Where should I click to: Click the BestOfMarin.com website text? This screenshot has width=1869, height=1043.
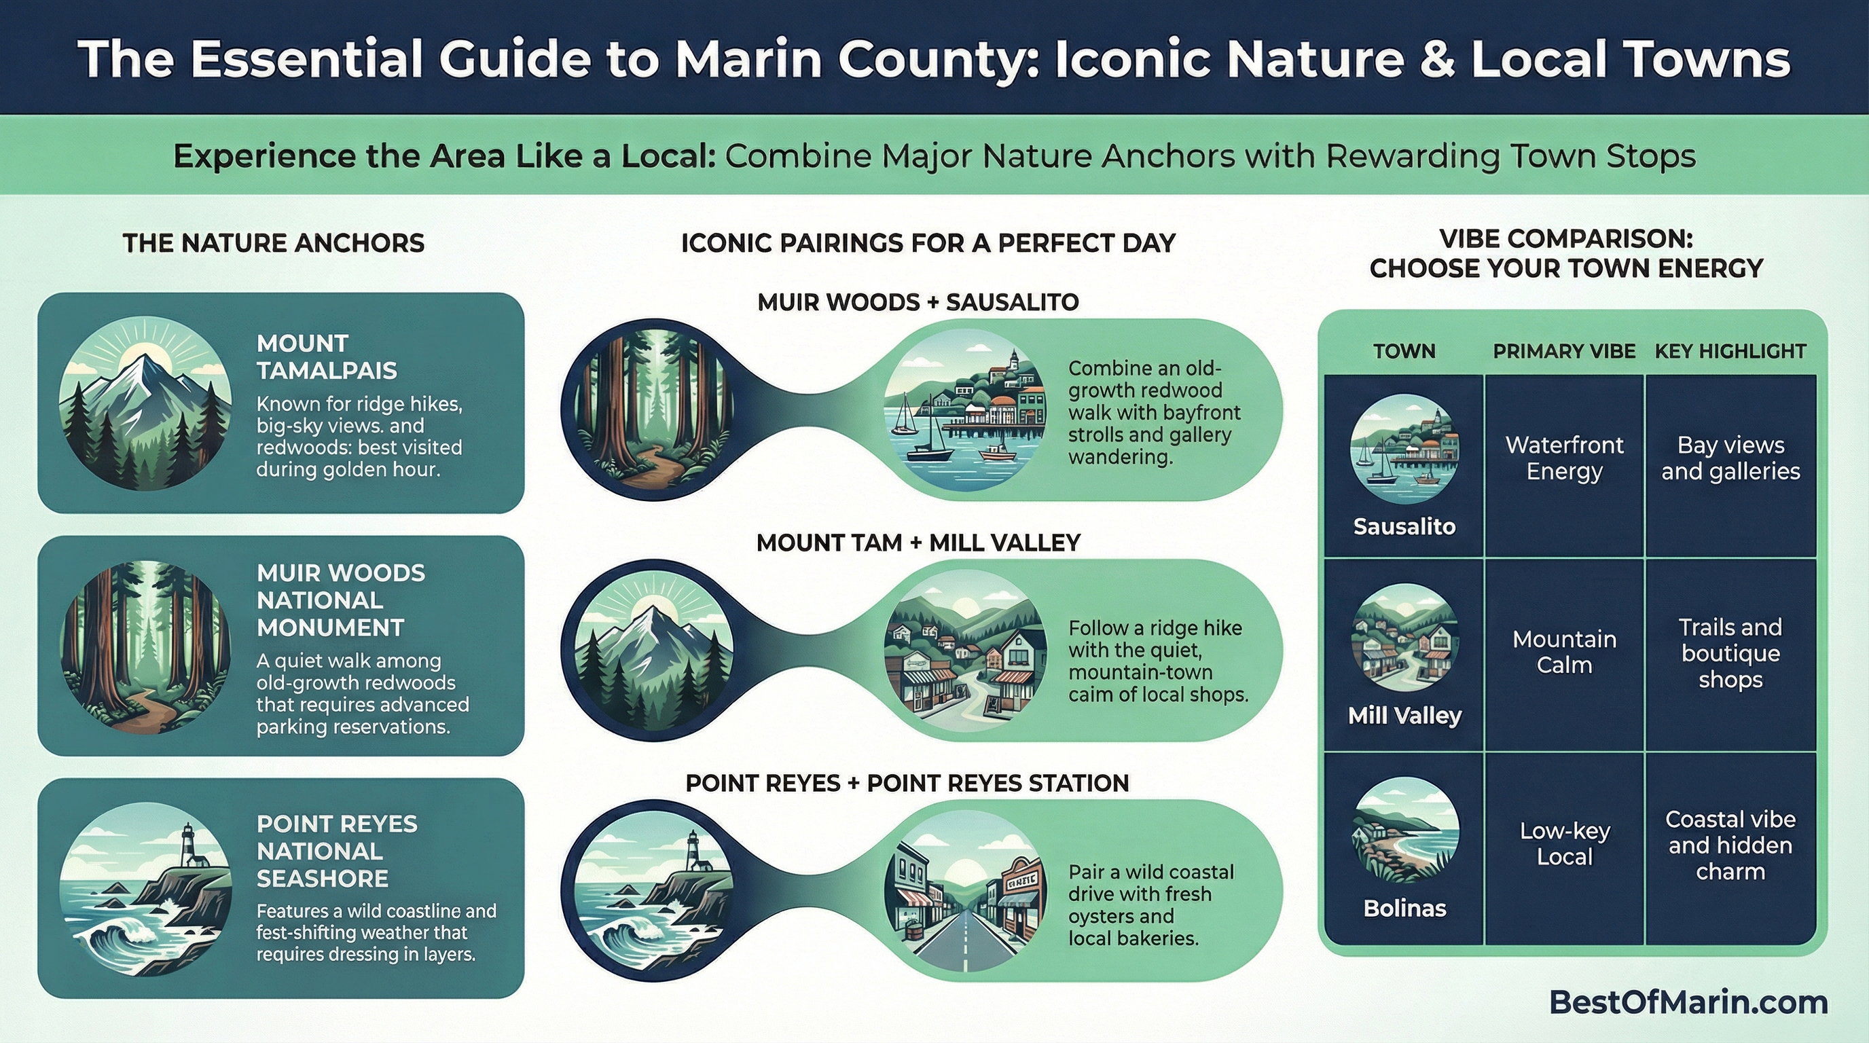tap(1688, 1002)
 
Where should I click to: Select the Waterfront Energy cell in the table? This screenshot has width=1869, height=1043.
tap(1564, 458)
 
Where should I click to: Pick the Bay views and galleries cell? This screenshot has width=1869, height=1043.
tap(1730, 458)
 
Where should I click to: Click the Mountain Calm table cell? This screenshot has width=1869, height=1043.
tap(1564, 652)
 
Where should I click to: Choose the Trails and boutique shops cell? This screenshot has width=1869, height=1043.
tap(1730, 653)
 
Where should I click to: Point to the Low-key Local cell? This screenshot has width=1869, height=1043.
tap(1564, 843)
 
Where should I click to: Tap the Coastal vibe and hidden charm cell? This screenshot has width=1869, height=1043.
tap(1730, 845)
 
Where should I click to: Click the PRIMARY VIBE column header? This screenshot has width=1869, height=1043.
tap(1564, 351)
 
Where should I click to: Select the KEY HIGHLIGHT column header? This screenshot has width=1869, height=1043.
tap(1730, 351)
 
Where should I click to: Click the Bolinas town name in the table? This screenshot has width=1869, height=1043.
tap(1404, 908)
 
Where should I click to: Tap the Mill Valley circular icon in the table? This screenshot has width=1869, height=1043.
tap(1404, 637)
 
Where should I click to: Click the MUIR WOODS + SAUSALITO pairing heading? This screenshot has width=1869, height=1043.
tap(918, 301)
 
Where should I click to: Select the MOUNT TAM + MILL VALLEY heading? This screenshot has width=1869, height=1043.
tap(918, 543)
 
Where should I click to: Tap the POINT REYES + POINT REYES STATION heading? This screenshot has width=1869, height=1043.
tap(907, 784)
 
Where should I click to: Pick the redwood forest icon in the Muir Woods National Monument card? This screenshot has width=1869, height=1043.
tap(145, 647)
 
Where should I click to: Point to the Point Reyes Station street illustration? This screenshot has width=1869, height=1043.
tap(965, 892)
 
